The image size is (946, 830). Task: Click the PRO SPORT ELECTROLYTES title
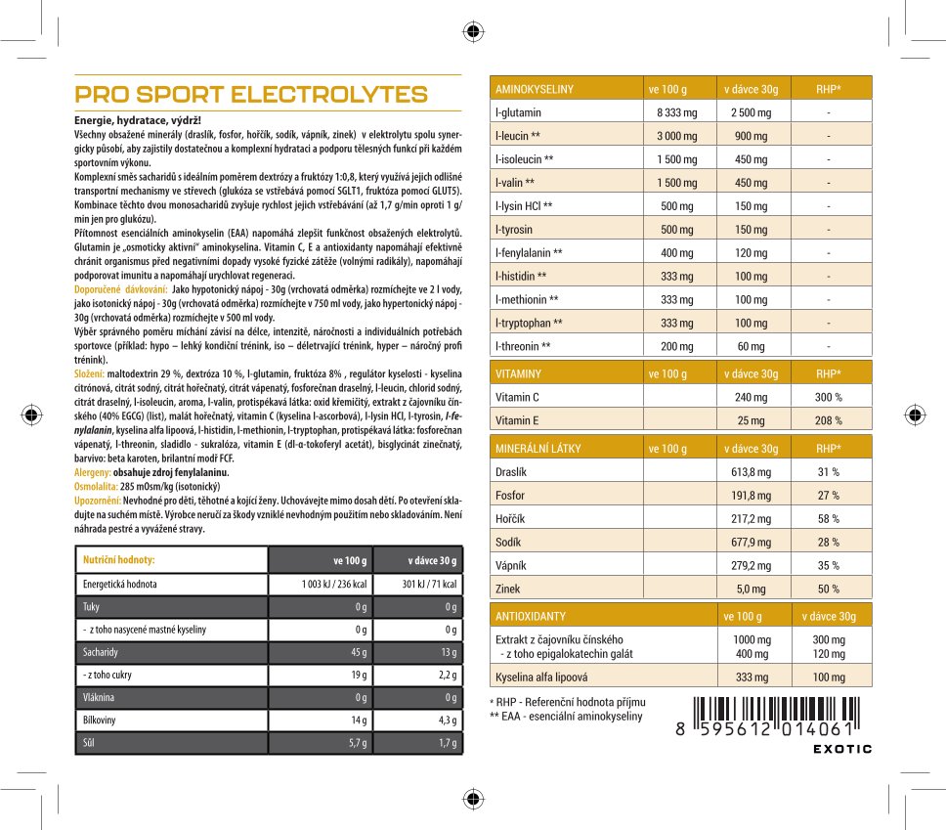[251, 95]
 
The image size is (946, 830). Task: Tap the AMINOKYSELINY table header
[535, 89]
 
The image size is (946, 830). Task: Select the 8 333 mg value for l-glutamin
[676, 112]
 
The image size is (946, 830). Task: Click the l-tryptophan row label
[529, 323]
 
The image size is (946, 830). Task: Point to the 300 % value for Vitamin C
[829, 397]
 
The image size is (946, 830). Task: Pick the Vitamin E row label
[517, 420]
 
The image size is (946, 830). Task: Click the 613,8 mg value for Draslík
[751, 471]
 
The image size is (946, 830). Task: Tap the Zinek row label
[509, 589]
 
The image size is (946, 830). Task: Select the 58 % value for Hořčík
[829, 518]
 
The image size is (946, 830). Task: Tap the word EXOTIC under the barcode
[842, 749]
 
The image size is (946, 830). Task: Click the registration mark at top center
[473, 31]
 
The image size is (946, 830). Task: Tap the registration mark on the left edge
[32, 415]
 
